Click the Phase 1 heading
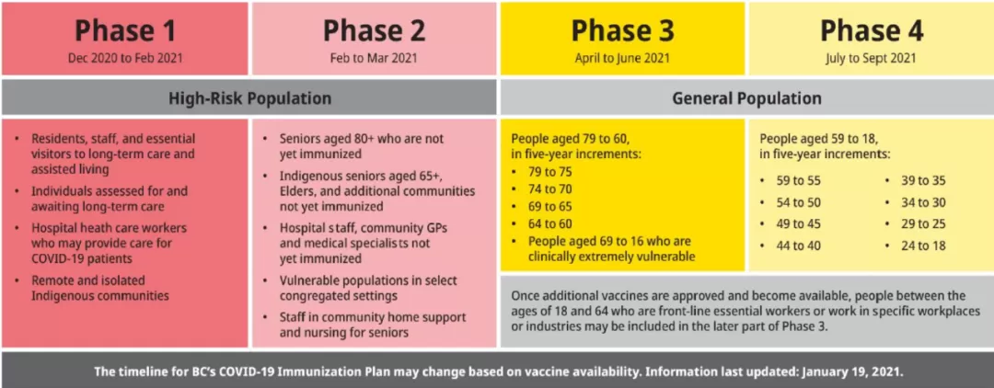pos(125,29)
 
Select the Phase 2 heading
pos(374,29)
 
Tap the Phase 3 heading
pos(622,29)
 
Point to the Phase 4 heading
pos(871,29)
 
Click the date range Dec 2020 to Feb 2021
pos(125,58)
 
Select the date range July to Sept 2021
pos(871,58)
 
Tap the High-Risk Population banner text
pos(249,98)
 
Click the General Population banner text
pos(746,98)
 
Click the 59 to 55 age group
pos(799,180)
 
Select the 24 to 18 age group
pos(923,245)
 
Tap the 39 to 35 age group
pos(923,180)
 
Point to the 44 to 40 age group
pos(799,245)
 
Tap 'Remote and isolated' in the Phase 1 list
pos(79,280)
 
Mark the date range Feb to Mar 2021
pos(374,58)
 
